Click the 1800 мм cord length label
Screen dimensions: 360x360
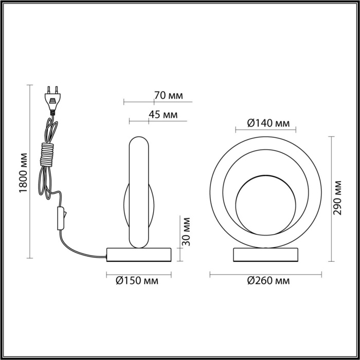[x=22, y=172]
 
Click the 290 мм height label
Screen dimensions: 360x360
[x=338, y=198]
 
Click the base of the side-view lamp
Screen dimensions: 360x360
[x=138, y=254]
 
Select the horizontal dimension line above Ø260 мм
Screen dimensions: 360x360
[x=266, y=274]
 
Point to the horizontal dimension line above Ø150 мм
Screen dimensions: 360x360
[x=138, y=274]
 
